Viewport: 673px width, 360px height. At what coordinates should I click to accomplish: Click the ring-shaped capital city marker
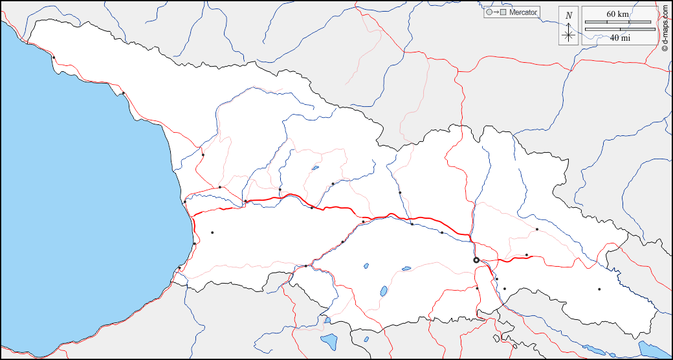point(476,260)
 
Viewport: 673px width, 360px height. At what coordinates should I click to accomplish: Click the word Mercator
point(523,12)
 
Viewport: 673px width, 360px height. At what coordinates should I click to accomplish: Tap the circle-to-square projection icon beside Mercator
point(495,12)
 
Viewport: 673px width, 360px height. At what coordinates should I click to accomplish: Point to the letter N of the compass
point(568,16)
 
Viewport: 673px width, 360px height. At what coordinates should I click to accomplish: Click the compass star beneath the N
point(568,35)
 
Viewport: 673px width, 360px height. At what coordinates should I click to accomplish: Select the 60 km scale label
point(617,14)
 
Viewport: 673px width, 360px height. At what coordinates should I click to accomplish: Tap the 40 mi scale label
point(619,38)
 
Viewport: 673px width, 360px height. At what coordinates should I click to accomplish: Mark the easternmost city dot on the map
point(599,289)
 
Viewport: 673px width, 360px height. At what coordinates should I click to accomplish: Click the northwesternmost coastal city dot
point(54,58)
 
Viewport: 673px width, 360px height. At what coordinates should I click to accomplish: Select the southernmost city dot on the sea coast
point(179,267)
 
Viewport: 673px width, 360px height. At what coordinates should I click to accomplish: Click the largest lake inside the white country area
point(384,291)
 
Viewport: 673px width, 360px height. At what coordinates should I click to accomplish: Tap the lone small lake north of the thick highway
point(315,168)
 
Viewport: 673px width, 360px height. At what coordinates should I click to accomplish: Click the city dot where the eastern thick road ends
point(527,255)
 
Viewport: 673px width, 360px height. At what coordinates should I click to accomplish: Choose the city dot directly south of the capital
point(478,288)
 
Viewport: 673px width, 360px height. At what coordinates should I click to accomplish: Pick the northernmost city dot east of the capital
point(537,229)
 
